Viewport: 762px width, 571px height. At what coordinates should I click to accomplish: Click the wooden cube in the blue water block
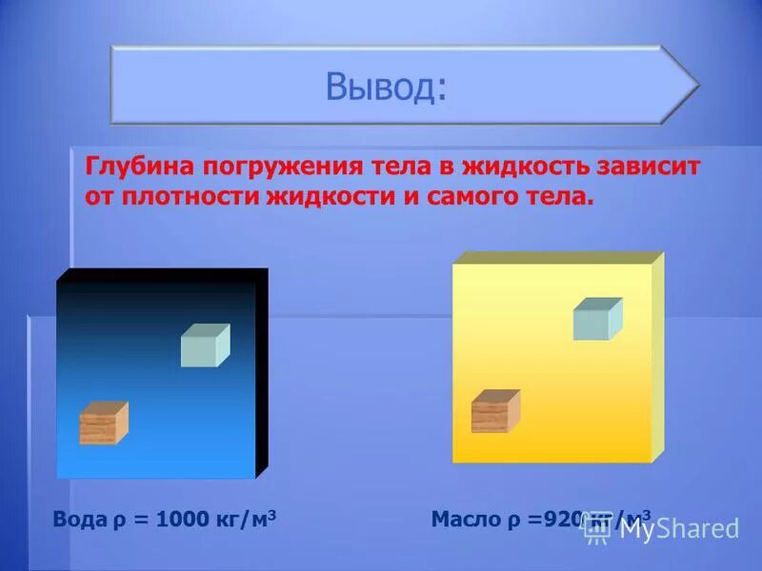point(103,423)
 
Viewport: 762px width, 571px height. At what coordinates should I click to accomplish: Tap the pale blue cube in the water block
point(205,345)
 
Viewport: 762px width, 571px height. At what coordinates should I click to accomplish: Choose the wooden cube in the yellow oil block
point(495,411)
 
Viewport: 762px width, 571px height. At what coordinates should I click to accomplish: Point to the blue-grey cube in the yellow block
point(597,319)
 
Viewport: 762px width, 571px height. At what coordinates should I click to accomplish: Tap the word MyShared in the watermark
point(679,529)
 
